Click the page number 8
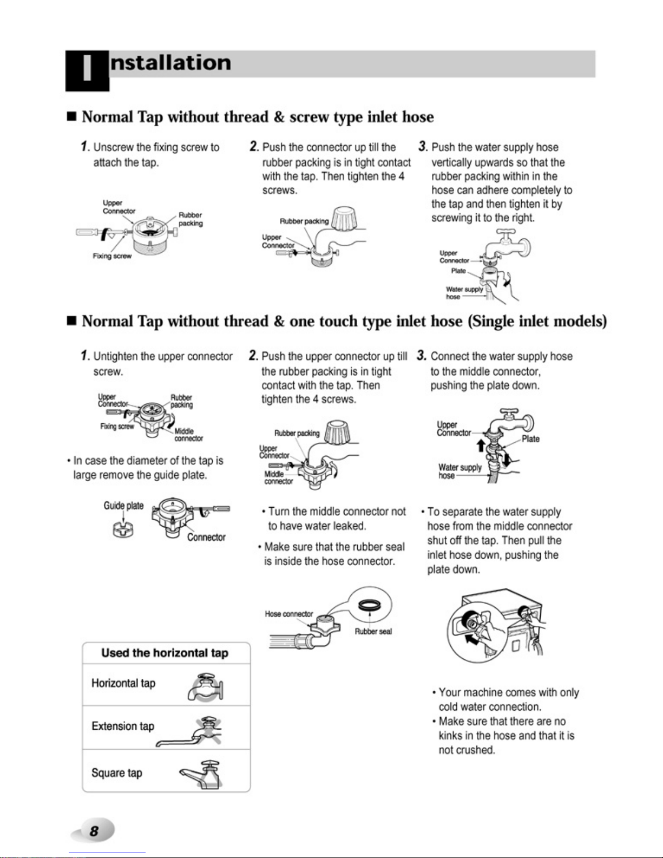click(x=94, y=831)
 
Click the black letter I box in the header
click(x=87, y=71)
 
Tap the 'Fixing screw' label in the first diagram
click(x=112, y=256)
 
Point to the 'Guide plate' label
click(x=123, y=506)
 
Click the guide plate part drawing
click(x=123, y=529)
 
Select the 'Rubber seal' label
click(x=373, y=631)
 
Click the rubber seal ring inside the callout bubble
click(x=370, y=605)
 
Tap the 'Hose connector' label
click(x=289, y=614)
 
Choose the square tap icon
click(x=201, y=775)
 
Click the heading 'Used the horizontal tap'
click(x=165, y=653)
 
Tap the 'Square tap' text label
click(x=117, y=772)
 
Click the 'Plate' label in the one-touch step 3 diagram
click(x=530, y=439)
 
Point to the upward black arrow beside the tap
click(x=481, y=446)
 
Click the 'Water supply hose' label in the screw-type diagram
click(x=464, y=293)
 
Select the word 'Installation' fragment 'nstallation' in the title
click(x=170, y=63)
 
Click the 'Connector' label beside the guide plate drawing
click(x=206, y=537)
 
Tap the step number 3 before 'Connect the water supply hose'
click(x=422, y=355)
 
